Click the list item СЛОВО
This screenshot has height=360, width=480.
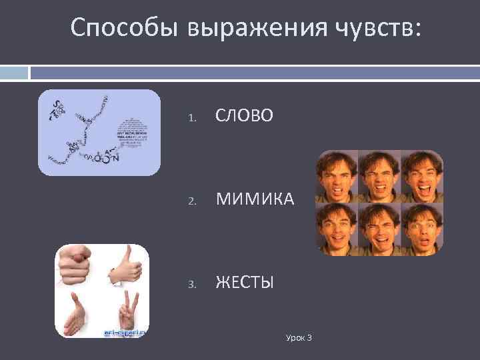[243, 117]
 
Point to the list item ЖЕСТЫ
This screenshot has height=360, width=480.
[244, 283]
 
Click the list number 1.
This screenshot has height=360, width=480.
[191, 119]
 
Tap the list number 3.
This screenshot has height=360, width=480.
[191, 285]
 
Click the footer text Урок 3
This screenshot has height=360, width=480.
[299, 338]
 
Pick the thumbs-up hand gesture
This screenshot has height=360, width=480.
[126, 267]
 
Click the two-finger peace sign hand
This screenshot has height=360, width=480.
[127, 312]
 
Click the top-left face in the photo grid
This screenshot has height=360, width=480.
[337, 176]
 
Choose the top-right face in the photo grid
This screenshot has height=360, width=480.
[421, 176]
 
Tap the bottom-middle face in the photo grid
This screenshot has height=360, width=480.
[379, 228]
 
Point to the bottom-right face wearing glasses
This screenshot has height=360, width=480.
[421, 228]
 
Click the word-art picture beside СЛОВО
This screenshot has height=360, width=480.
[99, 132]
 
